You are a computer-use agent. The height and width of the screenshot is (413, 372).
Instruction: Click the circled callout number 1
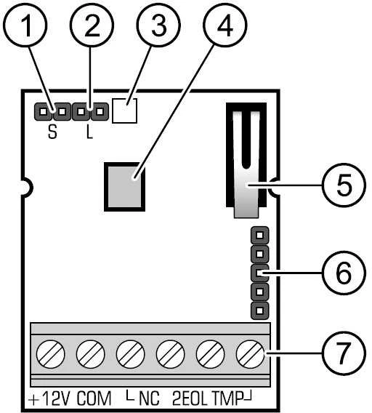(x=25, y=25)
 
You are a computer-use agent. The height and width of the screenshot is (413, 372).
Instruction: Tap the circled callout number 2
(x=92, y=25)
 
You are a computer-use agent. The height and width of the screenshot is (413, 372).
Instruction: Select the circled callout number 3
(x=158, y=25)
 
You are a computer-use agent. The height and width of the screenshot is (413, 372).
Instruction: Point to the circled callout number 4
(x=225, y=25)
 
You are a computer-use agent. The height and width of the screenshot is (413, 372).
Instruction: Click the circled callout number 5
(x=344, y=185)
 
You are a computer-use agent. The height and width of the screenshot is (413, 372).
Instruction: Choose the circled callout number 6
(x=344, y=273)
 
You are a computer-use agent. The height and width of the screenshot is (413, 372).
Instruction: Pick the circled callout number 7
(x=344, y=353)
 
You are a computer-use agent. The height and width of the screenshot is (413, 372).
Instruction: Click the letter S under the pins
(x=52, y=132)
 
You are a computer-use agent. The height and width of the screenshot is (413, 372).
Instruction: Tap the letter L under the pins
(x=90, y=132)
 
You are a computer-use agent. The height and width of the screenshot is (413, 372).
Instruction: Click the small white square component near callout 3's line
(x=124, y=111)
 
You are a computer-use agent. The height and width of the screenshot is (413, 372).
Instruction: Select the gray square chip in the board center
(x=124, y=187)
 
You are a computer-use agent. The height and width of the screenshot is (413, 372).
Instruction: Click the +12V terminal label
(x=49, y=398)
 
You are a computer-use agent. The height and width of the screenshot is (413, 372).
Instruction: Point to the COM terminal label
(x=94, y=398)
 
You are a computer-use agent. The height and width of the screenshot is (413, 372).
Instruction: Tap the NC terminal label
(x=149, y=398)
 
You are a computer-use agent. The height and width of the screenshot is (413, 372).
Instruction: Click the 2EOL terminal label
(x=190, y=398)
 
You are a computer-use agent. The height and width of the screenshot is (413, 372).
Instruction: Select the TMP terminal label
(x=227, y=398)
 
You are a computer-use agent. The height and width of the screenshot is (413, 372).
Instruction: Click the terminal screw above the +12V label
(x=50, y=354)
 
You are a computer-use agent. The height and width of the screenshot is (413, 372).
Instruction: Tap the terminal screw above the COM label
(x=90, y=354)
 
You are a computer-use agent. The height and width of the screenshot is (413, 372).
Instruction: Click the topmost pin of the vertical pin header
(x=259, y=235)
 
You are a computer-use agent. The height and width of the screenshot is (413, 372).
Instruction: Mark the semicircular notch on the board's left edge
(x=27, y=188)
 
